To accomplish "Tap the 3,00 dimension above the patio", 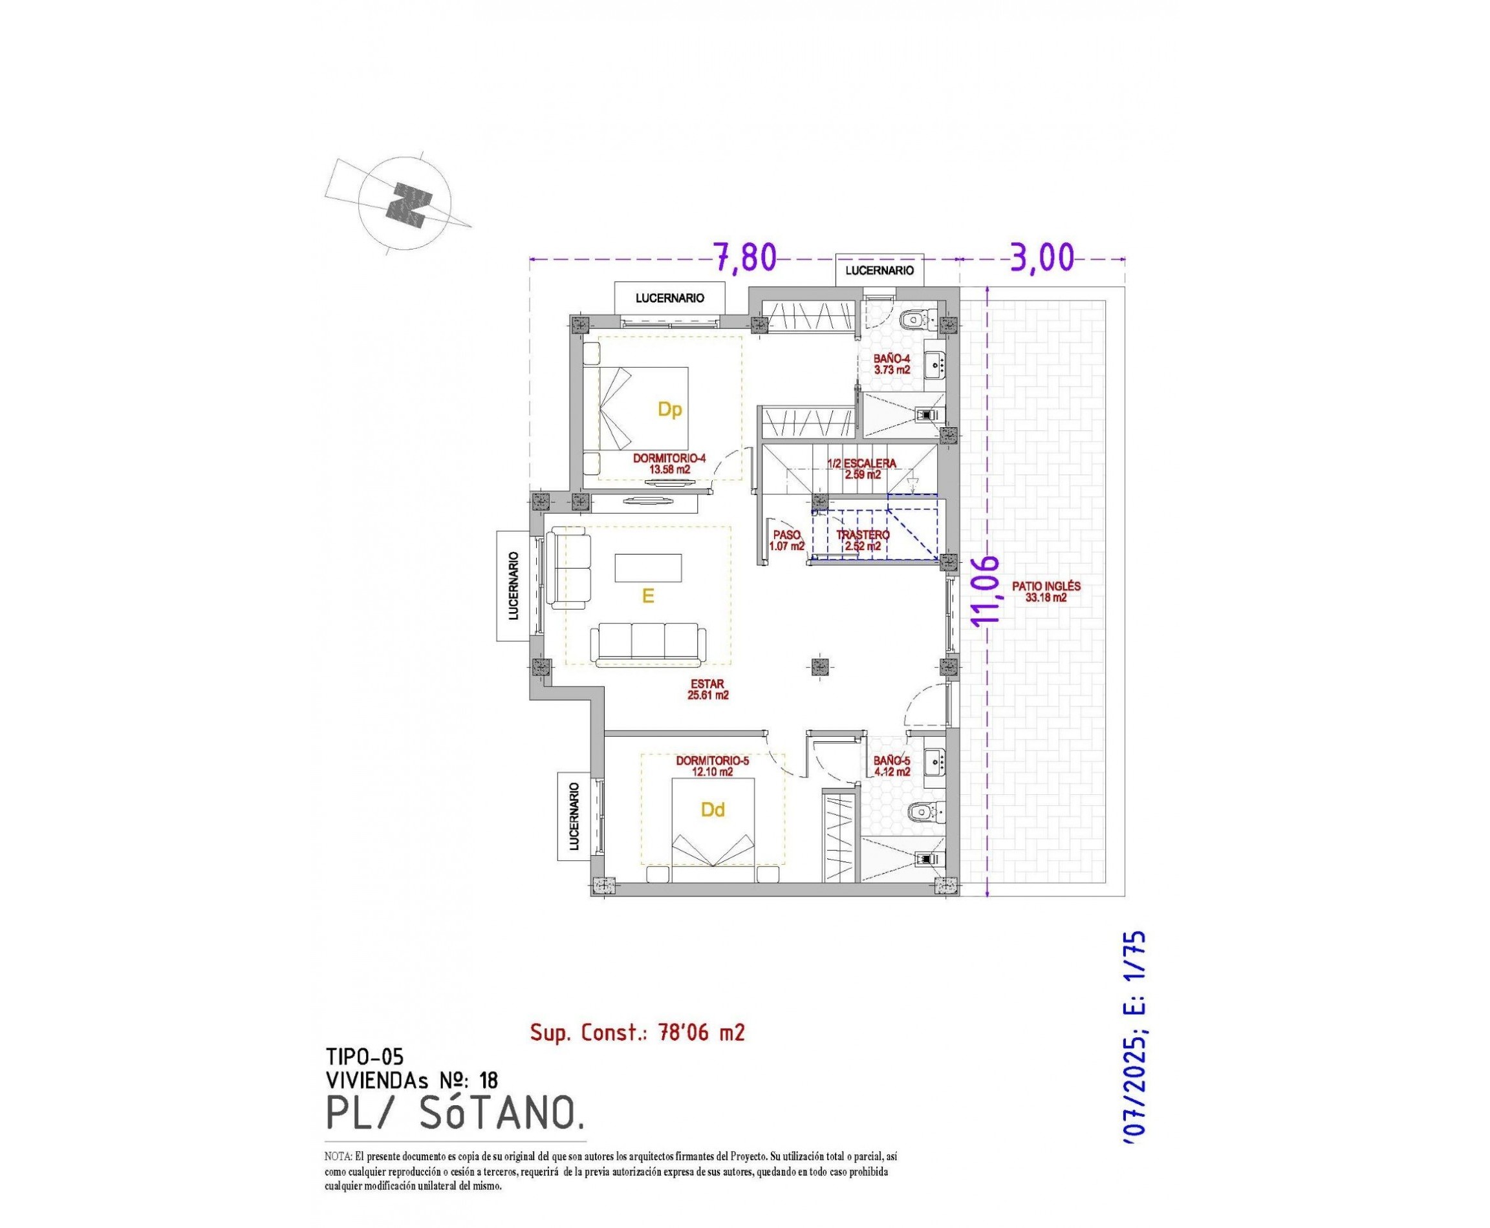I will click(x=1041, y=259).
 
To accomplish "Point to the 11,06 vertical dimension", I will click(x=986, y=589).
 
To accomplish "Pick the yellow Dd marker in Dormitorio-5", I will click(x=713, y=810).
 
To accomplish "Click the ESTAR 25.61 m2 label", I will click(x=707, y=689).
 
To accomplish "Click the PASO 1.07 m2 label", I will click(x=786, y=540).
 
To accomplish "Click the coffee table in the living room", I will click(x=649, y=568).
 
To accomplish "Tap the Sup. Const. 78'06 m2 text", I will click(x=637, y=1033).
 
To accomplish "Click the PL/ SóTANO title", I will click(x=455, y=1113).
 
